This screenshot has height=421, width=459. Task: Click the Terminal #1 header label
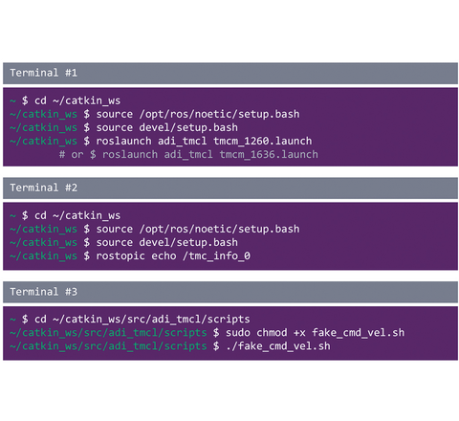coord(43,73)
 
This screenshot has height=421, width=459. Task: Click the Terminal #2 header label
coord(43,188)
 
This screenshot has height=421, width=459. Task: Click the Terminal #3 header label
coord(43,292)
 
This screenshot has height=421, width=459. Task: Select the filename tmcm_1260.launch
coord(263,141)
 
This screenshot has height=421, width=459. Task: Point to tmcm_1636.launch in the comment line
coord(269,155)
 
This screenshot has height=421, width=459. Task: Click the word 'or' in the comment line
coord(77,155)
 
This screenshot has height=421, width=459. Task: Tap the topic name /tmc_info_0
coord(216,255)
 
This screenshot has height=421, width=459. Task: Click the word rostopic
coord(120,256)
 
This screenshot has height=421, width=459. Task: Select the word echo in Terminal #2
coord(164,255)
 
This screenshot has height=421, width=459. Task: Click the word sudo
coord(238,333)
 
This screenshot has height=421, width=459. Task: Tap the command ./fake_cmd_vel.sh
coord(278,346)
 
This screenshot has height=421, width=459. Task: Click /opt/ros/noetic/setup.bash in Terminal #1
coord(219,114)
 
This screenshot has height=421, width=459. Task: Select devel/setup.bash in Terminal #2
coord(188,242)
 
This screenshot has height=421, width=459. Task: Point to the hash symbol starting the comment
coord(62,155)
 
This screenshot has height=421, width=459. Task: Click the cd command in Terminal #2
coord(40,215)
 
